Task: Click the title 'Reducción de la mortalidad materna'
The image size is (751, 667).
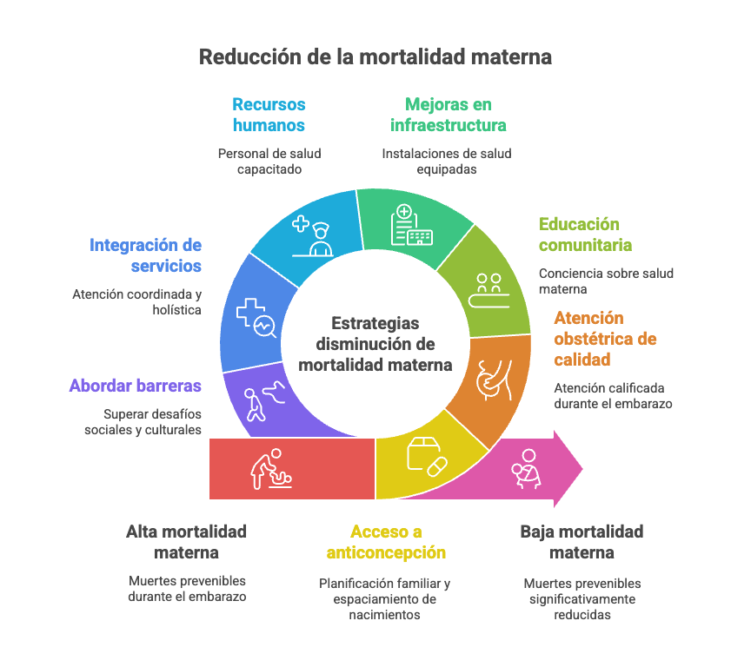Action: click(x=375, y=57)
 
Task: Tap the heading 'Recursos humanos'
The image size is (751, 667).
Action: click(x=269, y=115)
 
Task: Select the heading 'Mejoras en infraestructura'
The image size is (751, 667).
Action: click(x=448, y=115)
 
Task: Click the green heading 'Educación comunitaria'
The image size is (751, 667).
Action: click(x=585, y=234)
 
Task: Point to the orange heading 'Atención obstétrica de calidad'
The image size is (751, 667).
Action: click(x=605, y=339)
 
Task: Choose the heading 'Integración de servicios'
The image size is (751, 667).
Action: click(x=145, y=255)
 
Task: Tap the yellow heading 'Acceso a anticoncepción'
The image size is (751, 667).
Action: click(x=386, y=542)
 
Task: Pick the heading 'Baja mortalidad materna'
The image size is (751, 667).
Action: click(x=582, y=542)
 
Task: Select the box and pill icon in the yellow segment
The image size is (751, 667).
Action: click(x=426, y=453)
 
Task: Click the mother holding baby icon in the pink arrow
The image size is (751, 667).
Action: click(x=528, y=469)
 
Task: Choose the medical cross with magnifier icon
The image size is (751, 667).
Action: click(x=256, y=317)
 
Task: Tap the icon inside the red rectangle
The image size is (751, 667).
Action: click(x=272, y=469)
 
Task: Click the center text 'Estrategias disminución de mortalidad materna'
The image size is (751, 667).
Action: click(x=375, y=344)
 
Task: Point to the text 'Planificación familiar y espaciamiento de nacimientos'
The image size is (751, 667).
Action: click(x=384, y=599)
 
